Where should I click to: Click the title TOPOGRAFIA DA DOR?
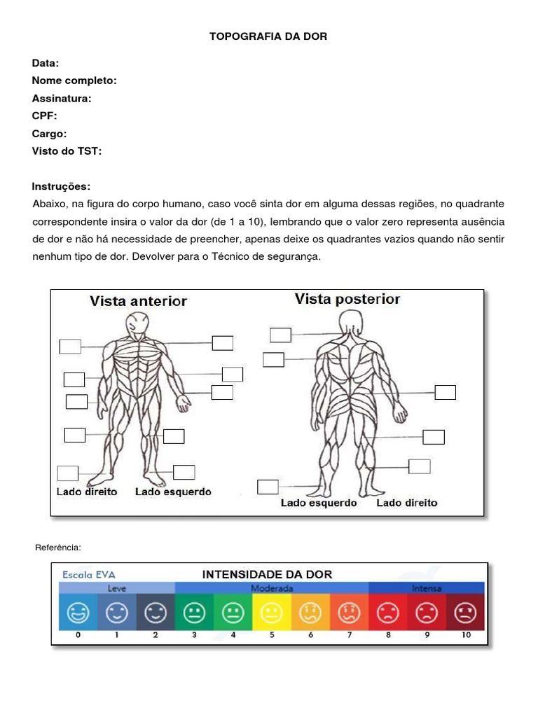coord(268,36)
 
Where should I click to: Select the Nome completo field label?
coord(74,81)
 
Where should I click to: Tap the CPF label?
coord(44,116)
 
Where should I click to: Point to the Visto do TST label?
coord(67,151)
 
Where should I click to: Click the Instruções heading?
coord(61,186)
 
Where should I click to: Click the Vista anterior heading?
coord(138,301)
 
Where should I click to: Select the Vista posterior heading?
coord(347,299)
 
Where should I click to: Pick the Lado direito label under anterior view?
coord(87,492)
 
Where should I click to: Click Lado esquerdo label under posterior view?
coord(319,503)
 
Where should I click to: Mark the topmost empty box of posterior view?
coord(280,335)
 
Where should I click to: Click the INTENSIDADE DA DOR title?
coord(267,574)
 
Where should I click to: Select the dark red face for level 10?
coord(465,613)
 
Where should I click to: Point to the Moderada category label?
coord(272,588)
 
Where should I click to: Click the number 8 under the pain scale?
coord(388,635)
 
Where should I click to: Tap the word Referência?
coord(58,546)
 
